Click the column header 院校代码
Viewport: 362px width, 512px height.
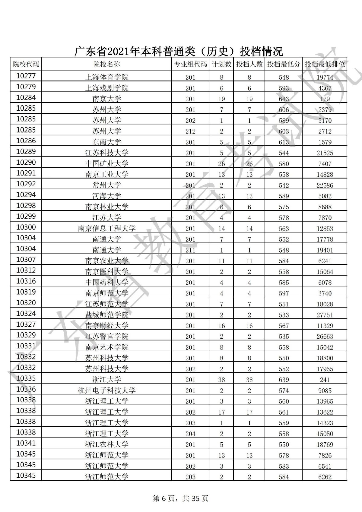click(x=26, y=64)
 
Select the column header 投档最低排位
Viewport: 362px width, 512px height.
click(x=325, y=64)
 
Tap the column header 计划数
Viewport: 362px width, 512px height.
click(x=221, y=64)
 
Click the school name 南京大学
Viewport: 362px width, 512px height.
click(x=106, y=99)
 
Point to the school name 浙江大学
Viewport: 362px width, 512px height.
click(x=106, y=380)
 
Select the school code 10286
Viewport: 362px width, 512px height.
click(x=26, y=141)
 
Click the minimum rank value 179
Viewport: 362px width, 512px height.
click(x=325, y=99)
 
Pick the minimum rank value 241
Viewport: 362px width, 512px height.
click(x=325, y=380)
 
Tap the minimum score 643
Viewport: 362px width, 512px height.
click(x=284, y=99)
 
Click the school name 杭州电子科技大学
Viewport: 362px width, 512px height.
click(x=106, y=390)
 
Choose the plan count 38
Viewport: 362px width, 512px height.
click(x=221, y=380)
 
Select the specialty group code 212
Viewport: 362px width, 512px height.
click(x=190, y=131)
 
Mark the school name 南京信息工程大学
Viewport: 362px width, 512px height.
click(x=106, y=229)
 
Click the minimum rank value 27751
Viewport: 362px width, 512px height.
click(x=325, y=315)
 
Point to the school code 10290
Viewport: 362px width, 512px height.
click(x=26, y=163)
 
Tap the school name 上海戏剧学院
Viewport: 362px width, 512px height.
click(x=106, y=88)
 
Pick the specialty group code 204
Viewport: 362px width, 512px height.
click(x=190, y=434)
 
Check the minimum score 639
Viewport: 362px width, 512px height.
click(x=284, y=380)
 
